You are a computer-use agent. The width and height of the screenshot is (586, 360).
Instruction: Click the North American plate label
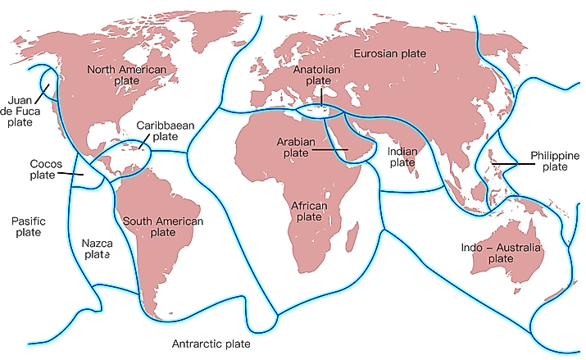pos(126,75)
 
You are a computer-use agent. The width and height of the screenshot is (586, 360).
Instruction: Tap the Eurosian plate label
pos(390,53)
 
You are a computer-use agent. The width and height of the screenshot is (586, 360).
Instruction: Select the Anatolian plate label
pos(317,75)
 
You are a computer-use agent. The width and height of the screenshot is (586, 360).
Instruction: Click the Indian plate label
pos(402,157)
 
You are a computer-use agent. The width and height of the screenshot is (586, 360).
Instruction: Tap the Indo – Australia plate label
pos(500,253)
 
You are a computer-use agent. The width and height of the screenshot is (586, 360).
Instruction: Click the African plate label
pos(309,211)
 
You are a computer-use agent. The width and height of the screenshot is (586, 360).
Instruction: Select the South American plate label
pos(161,226)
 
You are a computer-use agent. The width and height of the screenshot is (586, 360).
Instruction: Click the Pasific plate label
pos(29,227)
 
